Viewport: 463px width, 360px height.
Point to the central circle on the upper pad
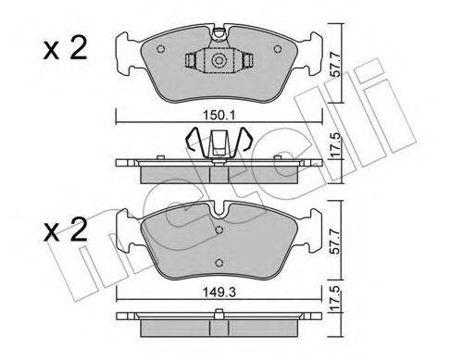point(219,61)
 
